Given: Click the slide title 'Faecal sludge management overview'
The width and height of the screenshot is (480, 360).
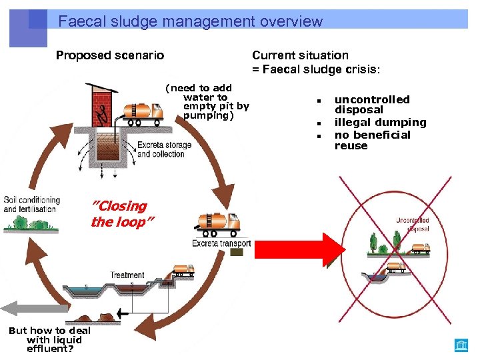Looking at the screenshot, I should point(190,21).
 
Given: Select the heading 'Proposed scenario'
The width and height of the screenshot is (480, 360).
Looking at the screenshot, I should point(109,55).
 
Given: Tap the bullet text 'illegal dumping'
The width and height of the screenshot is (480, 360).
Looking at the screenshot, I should point(380,122).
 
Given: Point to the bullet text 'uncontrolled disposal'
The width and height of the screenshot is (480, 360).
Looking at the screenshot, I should point(371,105).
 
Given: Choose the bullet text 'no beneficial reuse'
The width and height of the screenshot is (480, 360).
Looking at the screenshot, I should point(372,140).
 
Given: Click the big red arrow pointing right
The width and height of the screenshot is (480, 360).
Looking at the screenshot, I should point(300,247).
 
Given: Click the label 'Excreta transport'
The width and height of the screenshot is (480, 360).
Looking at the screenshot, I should point(221,244).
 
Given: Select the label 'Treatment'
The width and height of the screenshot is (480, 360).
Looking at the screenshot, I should point(127,275).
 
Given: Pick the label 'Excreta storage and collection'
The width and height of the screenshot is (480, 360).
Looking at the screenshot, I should point(164,149).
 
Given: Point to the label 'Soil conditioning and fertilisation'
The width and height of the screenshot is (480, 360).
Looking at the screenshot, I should point(31,204).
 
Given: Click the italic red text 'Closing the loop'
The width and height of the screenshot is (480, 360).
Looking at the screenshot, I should point(119,214).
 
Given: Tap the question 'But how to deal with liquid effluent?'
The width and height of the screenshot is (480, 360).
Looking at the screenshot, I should point(50,339).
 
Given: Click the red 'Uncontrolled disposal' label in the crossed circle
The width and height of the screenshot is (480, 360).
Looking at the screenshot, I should point(412,224).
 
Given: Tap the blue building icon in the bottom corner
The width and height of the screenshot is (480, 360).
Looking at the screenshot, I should point(461,345).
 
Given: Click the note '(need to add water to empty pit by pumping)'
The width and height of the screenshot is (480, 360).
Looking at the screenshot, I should point(207,101).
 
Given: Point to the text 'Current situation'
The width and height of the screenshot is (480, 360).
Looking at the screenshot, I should point(300,55).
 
